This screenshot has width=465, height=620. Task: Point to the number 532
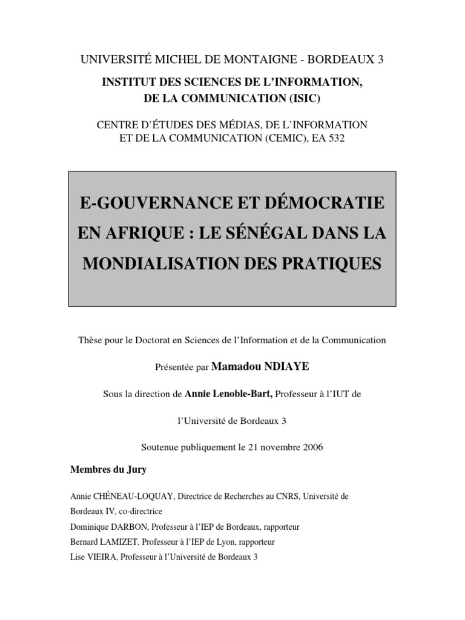[x=338, y=139]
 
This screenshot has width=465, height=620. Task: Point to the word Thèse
[x=91, y=340]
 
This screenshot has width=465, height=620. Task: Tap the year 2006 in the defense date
[x=311, y=447]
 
